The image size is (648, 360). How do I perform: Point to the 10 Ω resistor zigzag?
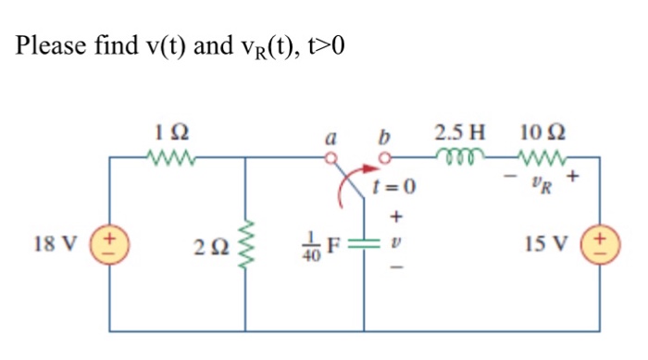tap(539, 157)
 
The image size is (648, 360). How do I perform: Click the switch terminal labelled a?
tap(336, 158)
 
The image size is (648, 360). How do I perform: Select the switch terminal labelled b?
tap(380, 158)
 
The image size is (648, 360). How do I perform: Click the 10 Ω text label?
tap(538, 131)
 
